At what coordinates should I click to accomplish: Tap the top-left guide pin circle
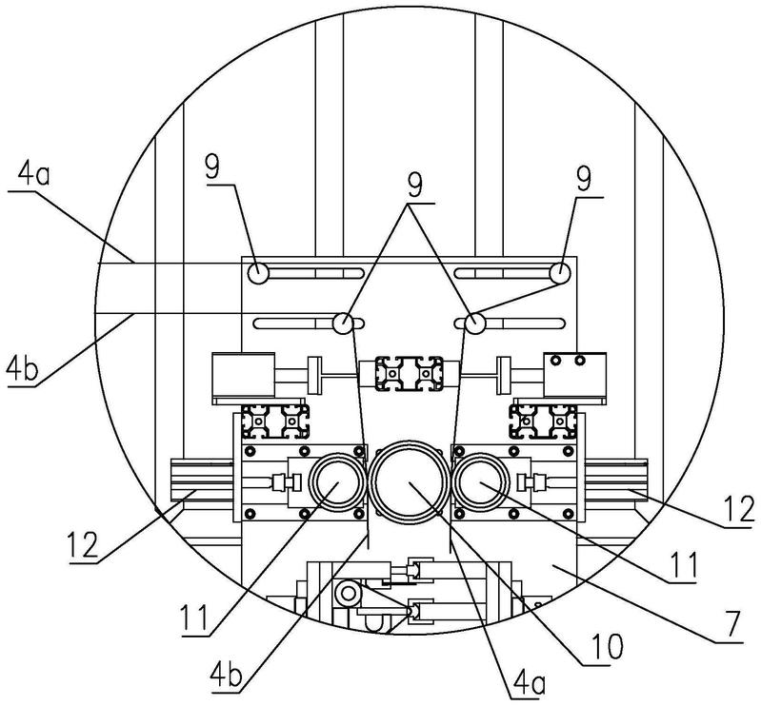(258, 273)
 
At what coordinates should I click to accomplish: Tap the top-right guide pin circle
(560, 273)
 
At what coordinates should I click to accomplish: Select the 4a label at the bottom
(529, 684)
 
